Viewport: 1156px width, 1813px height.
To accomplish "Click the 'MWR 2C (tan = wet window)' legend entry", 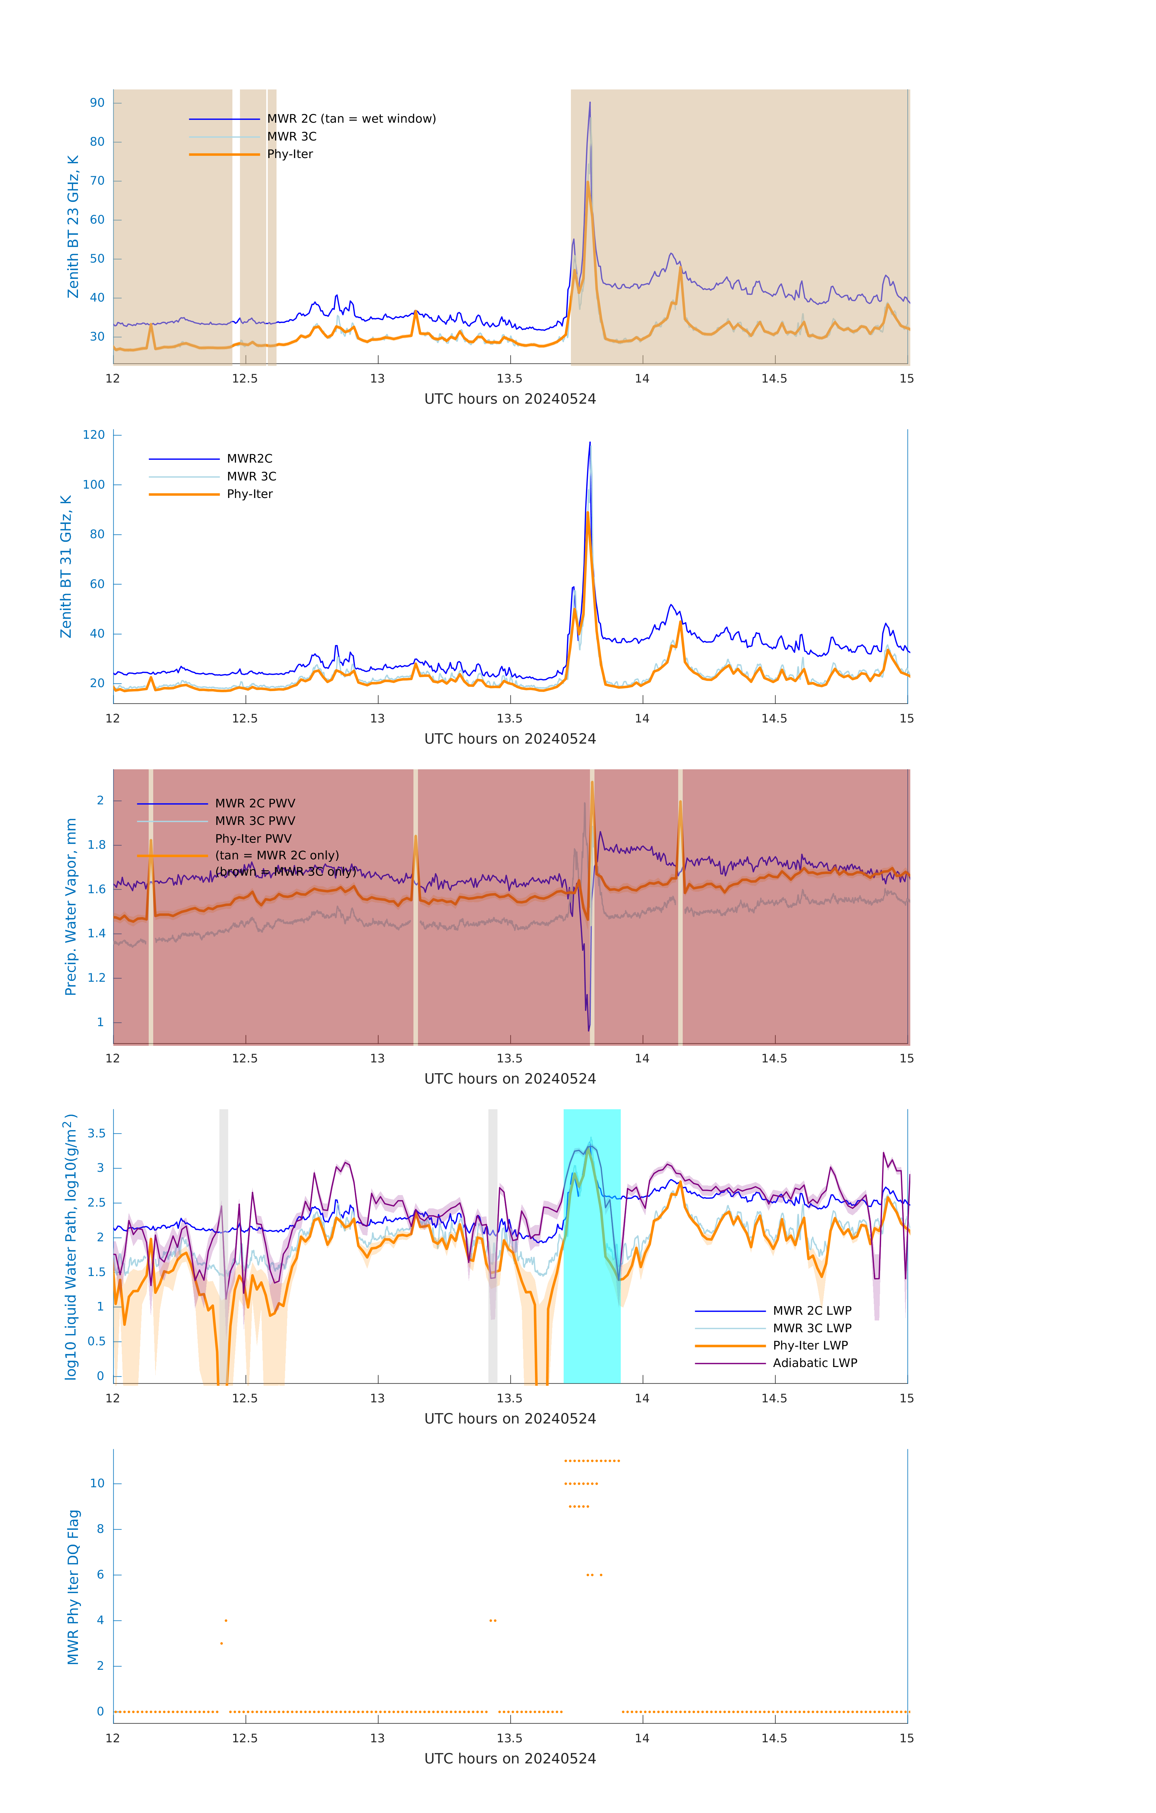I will click(351, 119).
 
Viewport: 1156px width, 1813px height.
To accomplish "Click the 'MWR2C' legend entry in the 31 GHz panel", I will click(249, 458).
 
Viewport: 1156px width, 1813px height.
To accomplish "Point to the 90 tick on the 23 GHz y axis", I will click(97, 103).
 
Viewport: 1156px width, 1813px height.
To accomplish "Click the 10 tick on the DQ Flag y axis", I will click(97, 1483).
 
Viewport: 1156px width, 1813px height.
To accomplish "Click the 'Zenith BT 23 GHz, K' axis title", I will click(73, 227).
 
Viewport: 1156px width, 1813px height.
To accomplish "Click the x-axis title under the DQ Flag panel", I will click(510, 1759).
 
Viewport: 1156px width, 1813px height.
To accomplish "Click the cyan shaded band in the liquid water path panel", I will click(592, 1280).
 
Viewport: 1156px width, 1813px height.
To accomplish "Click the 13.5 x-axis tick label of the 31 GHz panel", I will click(509, 718).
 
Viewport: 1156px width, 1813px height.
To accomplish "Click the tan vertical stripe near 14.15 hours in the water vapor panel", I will click(680, 941).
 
